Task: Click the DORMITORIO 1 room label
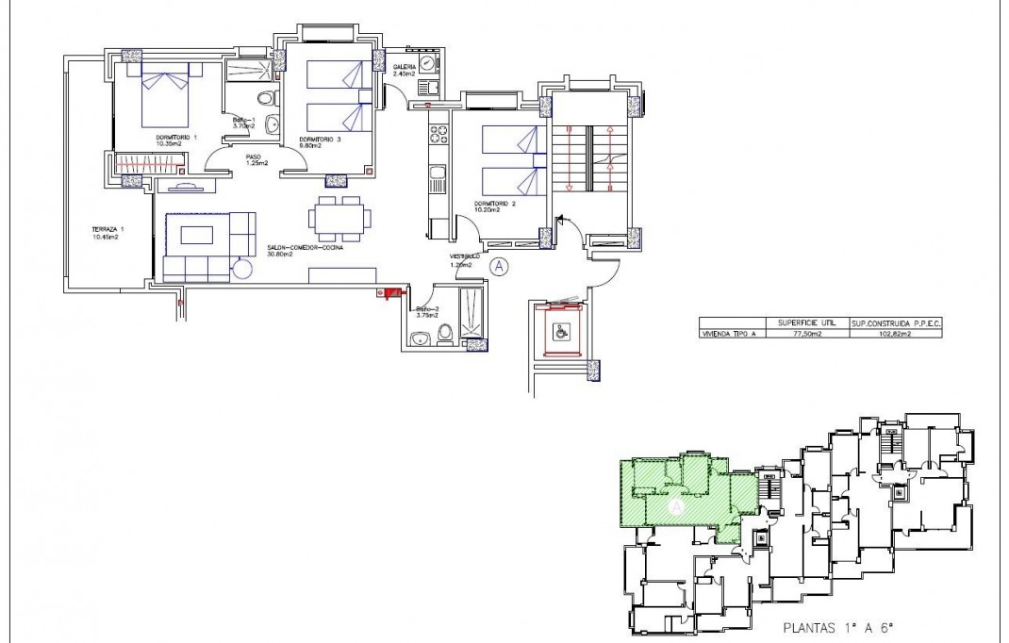(176, 138)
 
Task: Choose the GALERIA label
(405, 67)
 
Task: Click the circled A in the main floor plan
(501, 267)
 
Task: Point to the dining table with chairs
(338, 217)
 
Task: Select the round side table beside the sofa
(240, 269)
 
